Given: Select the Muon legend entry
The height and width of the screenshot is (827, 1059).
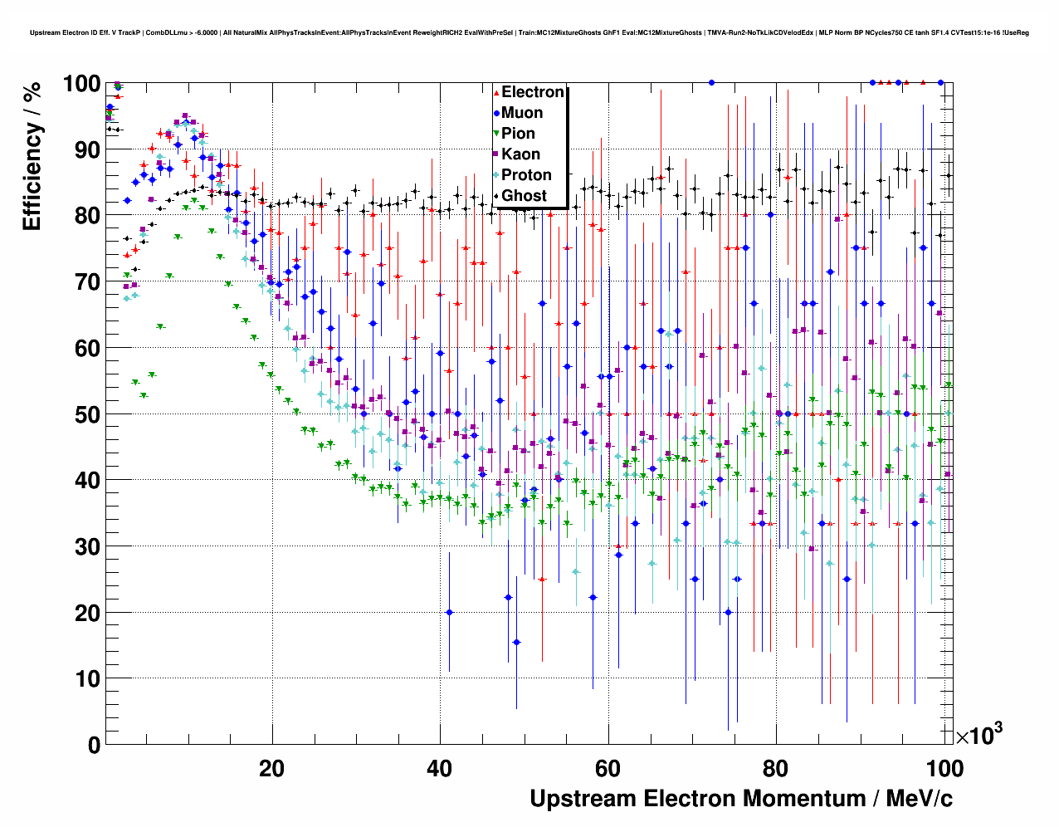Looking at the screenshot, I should (522, 113).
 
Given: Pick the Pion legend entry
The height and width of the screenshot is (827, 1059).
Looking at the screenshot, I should (518, 134).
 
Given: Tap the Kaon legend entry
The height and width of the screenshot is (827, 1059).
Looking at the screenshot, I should (520, 154).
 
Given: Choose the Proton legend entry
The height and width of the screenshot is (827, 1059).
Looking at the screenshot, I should (526, 175).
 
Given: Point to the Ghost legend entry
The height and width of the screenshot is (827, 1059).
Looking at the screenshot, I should (524, 196).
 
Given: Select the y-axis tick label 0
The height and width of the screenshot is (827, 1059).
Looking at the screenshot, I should (94, 745).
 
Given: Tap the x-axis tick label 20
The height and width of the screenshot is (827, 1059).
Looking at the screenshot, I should (271, 768).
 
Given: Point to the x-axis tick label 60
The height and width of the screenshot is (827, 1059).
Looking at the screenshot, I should (608, 768).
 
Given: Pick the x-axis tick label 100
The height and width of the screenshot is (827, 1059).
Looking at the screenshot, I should (944, 768).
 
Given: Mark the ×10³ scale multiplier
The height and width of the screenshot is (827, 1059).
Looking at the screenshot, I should (978, 734).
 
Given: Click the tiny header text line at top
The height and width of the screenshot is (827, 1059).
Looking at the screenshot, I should (529, 32).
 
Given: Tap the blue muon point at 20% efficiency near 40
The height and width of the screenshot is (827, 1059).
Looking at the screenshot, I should (449, 612).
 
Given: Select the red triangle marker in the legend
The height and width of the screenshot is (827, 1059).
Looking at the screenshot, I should (496, 92).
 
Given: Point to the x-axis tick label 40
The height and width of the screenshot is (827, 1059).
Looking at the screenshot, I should (439, 768).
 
